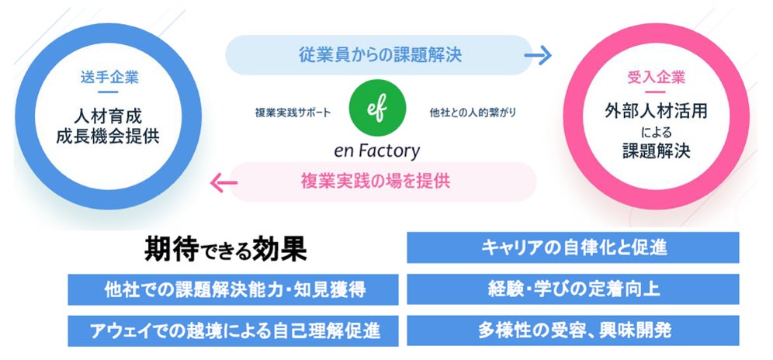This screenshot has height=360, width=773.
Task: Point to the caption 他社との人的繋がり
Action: coord(472,112)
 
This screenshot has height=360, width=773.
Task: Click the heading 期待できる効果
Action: coord(226,249)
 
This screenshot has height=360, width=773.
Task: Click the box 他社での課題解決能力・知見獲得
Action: coord(233,289)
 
